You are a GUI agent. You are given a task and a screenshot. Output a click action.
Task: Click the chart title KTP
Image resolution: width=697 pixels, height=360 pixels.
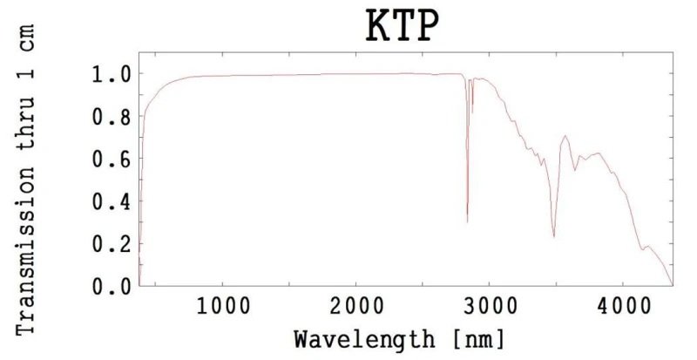click(x=401, y=30)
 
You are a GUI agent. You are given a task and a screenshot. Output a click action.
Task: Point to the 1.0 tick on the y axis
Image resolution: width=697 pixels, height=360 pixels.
click(x=112, y=74)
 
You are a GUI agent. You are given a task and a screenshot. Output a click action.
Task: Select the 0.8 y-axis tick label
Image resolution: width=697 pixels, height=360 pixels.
click(x=112, y=117)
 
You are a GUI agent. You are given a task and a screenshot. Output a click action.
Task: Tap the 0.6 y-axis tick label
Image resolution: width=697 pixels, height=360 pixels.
click(x=112, y=160)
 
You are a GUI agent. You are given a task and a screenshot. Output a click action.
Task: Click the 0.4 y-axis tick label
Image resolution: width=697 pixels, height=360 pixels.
click(x=112, y=201)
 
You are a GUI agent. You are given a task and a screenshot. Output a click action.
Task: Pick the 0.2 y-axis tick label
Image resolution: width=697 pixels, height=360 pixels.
click(x=112, y=244)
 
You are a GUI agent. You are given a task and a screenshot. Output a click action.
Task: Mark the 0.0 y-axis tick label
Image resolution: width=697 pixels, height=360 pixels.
click(x=112, y=286)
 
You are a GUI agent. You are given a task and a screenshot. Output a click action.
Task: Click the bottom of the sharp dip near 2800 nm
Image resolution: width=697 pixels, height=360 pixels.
click(x=467, y=221)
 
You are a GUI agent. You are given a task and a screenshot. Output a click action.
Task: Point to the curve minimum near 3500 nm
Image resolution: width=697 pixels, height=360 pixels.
click(x=554, y=236)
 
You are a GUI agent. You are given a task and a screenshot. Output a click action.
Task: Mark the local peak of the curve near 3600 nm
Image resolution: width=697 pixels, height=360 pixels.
click(x=565, y=136)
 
